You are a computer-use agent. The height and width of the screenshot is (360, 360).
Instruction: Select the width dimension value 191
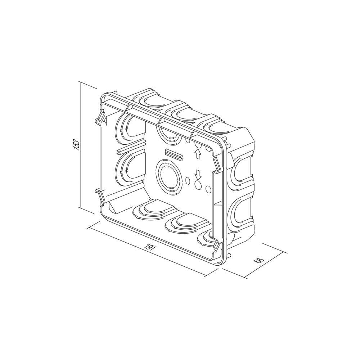coord(147,248)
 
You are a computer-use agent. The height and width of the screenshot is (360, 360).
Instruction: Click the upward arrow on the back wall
coord(197,154)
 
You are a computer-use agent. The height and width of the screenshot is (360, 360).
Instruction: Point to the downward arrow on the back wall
coord(197,175)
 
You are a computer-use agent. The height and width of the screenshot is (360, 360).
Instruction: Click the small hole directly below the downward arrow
coord(198,185)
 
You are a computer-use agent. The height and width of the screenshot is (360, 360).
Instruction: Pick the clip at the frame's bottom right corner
coord(217,245)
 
